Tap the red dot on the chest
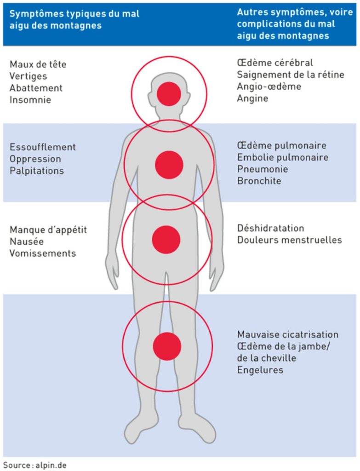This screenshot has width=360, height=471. pyautogui.click(x=169, y=165)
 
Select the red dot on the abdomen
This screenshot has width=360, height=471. pyautogui.click(x=166, y=240)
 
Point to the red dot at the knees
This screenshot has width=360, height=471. pyautogui.click(x=167, y=346)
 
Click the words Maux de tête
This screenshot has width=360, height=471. pyautogui.click(x=38, y=64)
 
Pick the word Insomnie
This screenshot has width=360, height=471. pyautogui.click(x=30, y=99)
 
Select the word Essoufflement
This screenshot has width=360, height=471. pyautogui.click(x=43, y=147)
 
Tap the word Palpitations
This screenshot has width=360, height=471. pyautogui.click(x=37, y=171)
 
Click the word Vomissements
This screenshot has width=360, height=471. pyautogui.click(x=43, y=253)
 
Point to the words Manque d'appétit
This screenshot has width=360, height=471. pyautogui.click(x=48, y=230)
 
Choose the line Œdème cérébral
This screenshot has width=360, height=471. pyautogui.click(x=275, y=63)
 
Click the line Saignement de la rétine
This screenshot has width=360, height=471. pyautogui.click(x=291, y=75)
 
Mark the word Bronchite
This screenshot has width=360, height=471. pyautogui.click(x=259, y=181)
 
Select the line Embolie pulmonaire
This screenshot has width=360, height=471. pyautogui.click(x=283, y=157)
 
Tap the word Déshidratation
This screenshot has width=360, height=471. pyautogui.click(x=271, y=228)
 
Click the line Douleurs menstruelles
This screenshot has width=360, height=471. pyautogui.click(x=290, y=240)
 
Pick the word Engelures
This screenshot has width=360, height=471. pyautogui.click(x=260, y=370)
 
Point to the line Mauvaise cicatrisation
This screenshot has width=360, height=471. pyautogui.click(x=288, y=334)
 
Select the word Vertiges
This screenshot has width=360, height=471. pyautogui.click(x=29, y=76)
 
